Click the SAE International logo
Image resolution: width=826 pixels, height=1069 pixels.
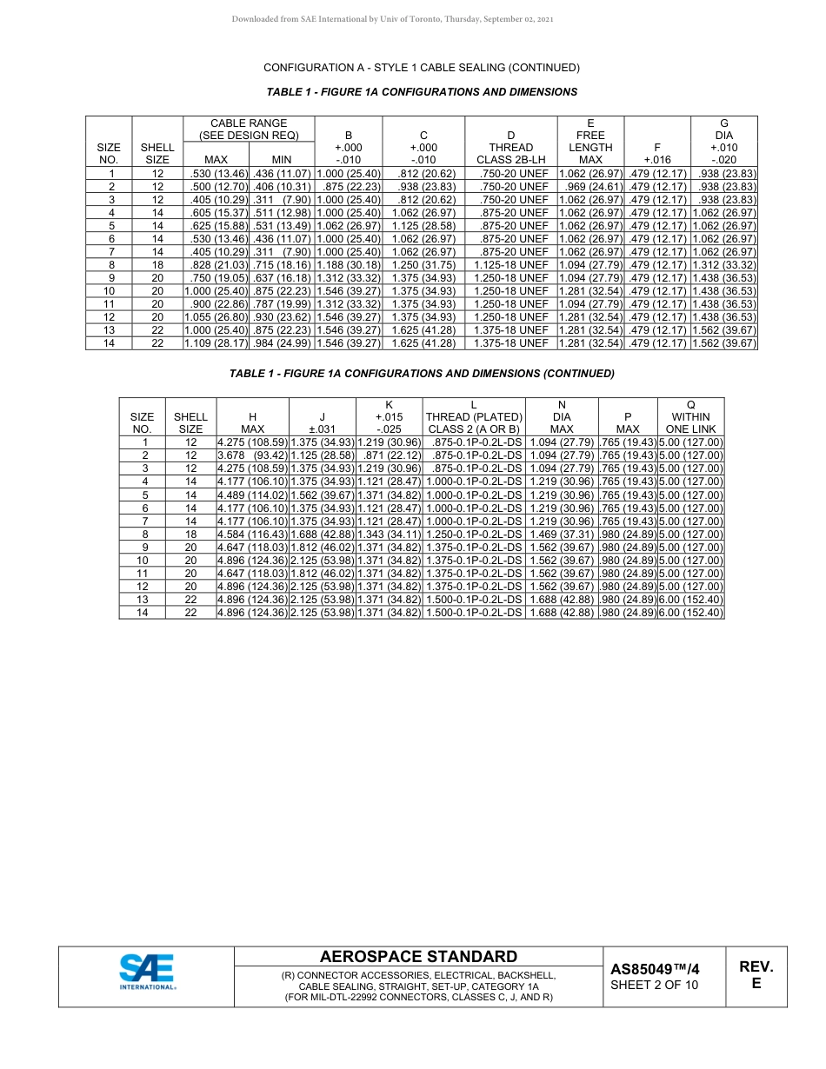coord(147,972)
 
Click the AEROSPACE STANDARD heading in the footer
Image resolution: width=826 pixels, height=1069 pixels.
coord(418,957)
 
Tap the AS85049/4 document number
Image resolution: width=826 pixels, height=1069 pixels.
coord(654,969)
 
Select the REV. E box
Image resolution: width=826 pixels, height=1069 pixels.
coord(756,975)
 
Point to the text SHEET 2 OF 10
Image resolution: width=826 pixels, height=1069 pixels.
coord(654,985)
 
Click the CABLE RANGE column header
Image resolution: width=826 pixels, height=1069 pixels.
coord(249,129)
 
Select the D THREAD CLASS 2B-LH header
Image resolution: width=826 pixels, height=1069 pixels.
coord(510,147)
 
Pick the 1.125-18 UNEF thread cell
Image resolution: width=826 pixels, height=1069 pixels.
coord(510,265)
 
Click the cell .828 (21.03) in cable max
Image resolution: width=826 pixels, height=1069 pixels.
coord(216,265)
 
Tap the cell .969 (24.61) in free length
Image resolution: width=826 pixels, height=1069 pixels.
coord(591,187)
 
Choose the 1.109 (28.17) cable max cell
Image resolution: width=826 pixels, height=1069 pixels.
coord(216,343)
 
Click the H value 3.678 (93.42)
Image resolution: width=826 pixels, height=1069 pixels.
coord(252,455)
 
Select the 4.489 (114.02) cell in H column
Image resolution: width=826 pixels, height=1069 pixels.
coord(252,495)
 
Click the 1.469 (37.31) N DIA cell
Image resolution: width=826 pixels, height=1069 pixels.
coord(562,534)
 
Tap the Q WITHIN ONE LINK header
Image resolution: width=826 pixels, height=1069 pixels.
coord(690,416)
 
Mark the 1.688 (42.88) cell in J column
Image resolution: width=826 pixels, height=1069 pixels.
coord(322,534)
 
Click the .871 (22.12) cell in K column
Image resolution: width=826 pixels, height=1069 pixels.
coord(389,455)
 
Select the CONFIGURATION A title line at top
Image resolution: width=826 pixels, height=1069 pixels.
coord(421,68)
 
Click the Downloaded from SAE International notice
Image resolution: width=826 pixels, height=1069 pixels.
coord(392,18)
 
